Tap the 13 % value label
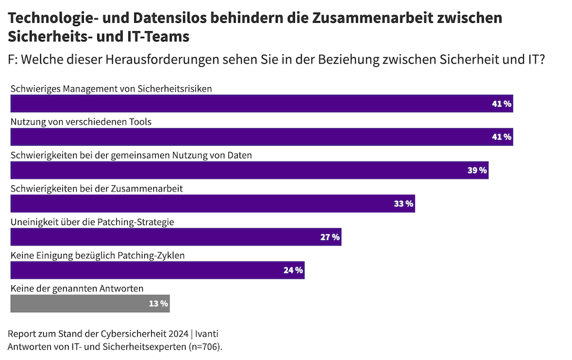tap(158, 304)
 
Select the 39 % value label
tap(477, 170)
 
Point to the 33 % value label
tap(404, 204)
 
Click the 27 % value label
tap(330, 237)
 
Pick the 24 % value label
tap(293, 270)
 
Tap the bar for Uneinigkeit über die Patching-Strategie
tap(176, 237)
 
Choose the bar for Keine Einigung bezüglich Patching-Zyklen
tap(158, 270)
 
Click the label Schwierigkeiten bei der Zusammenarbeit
tap(97, 188)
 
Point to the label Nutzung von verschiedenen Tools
tap(81, 121)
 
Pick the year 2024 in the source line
tap(178, 334)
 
